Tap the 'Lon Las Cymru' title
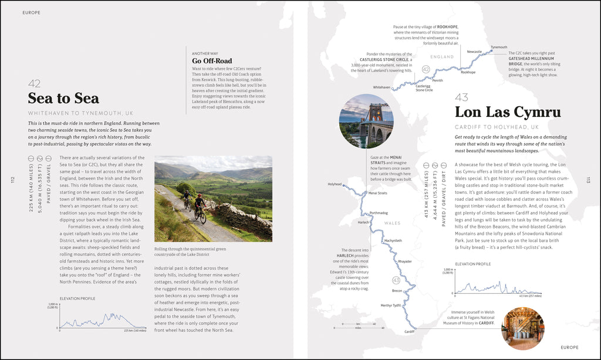[x=508, y=112]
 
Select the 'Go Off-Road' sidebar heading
[x=212, y=60]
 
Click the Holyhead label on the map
[x=335, y=184]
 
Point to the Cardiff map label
[x=409, y=332]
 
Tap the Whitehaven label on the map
[x=381, y=87]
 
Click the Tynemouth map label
[x=499, y=47]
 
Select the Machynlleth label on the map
[x=393, y=240]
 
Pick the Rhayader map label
[x=405, y=261]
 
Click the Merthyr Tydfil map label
[x=390, y=305]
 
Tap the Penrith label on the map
[x=437, y=80]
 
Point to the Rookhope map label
[x=468, y=72]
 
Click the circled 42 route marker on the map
[x=426, y=69]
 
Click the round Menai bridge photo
[x=366, y=120]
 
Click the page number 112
[x=12, y=180]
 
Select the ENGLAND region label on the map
[x=442, y=57]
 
